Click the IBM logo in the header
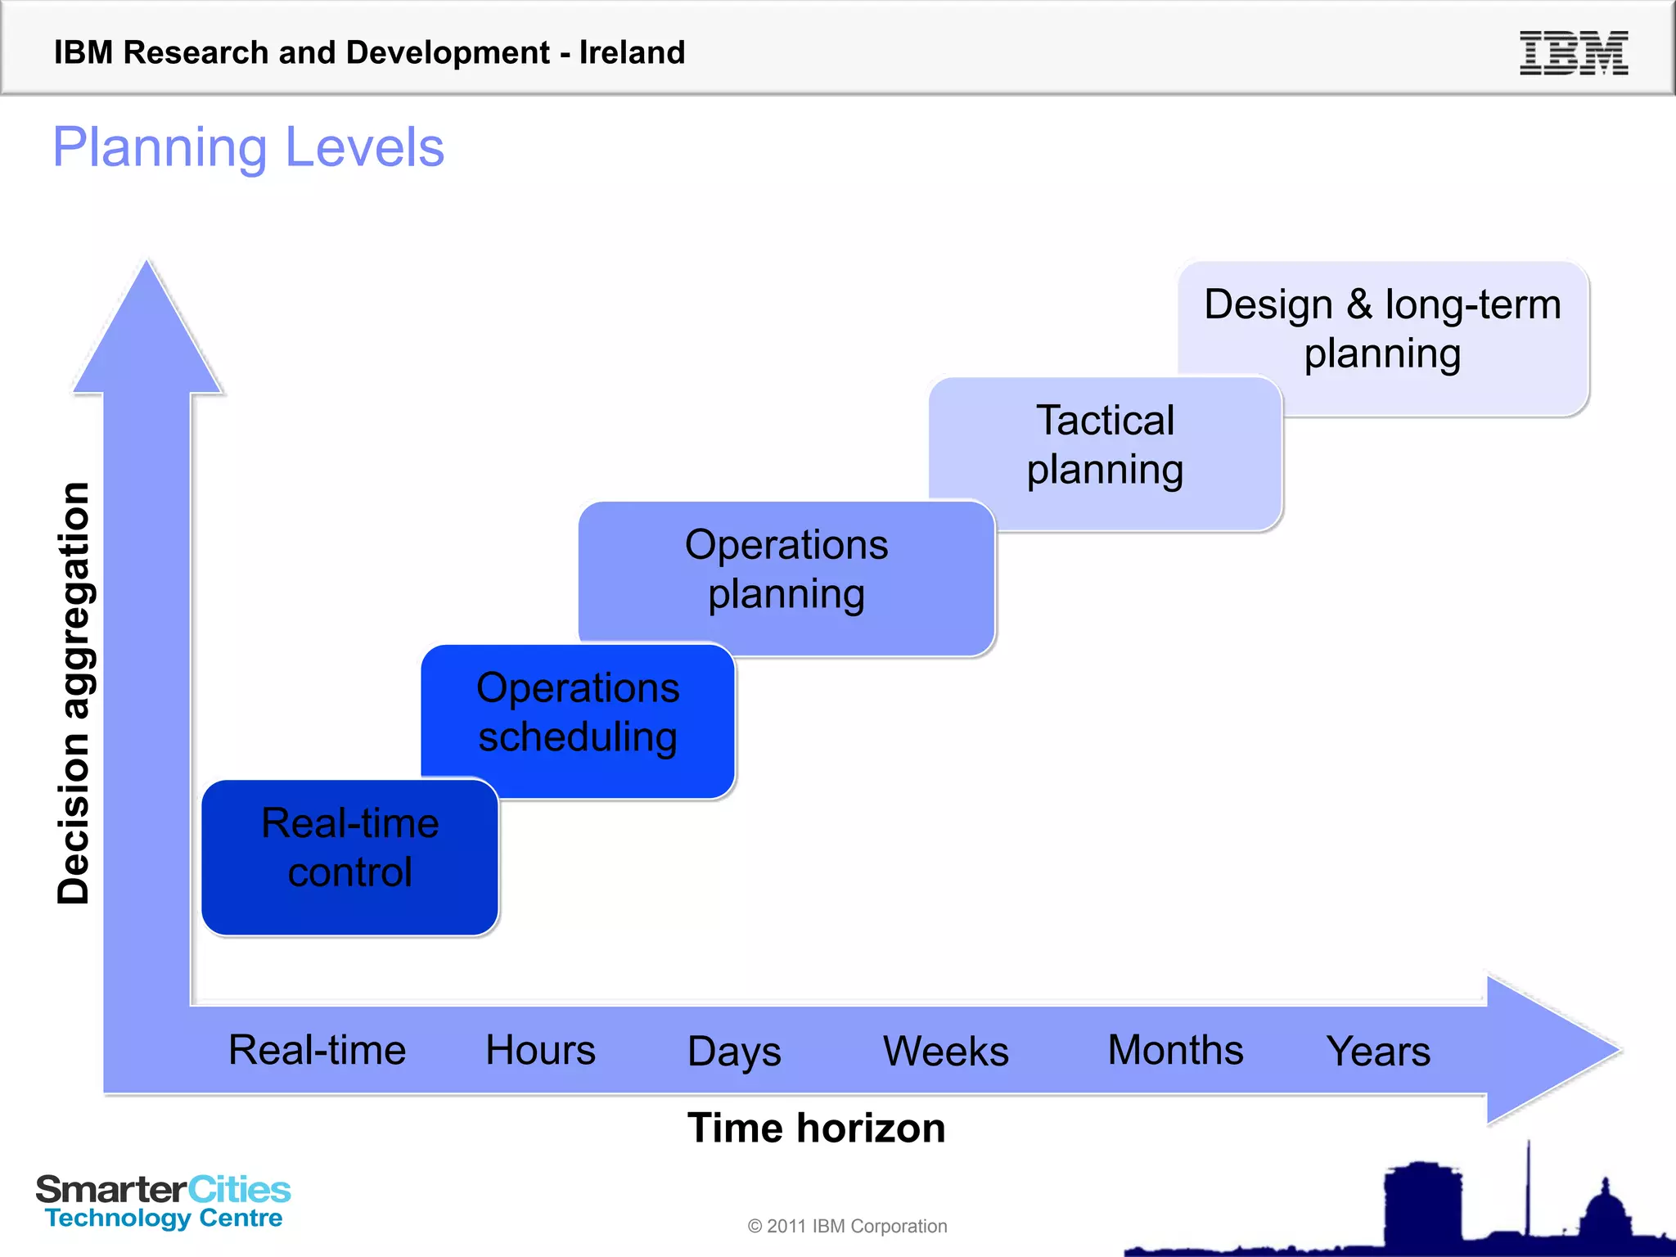click(x=1573, y=53)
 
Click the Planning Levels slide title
click(x=249, y=147)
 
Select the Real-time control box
click(x=349, y=856)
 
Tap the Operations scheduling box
click(x=578, y=713)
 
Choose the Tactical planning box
click(x=1105, y=446)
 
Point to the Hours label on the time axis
click(x=540, y=1050)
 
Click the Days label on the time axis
click(x=734, y=1052)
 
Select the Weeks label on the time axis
click(x=946, y=1051)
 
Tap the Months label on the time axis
click(x=1175, y=1050)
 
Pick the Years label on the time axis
click(x=1378, y=1051)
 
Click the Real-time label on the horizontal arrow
click(x=317, y=1050)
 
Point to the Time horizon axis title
click(x=816, y=1128)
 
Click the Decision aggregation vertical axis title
click(x=73, y=692)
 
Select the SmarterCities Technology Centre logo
click(x=163, y=1201)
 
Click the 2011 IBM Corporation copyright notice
click(x=847, y=1226)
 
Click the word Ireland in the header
click(x=632, y=52)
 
